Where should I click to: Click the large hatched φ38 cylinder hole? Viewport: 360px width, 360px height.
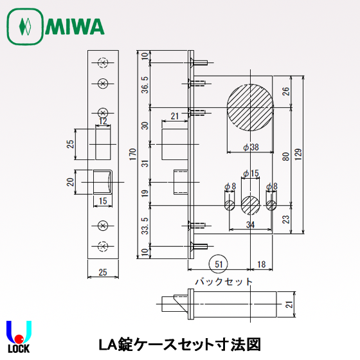(249, 107)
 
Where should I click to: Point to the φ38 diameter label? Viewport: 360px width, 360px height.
(250, 147)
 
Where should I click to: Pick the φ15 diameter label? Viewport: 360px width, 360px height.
(250, 174)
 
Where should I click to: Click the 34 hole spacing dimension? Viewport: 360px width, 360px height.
(249, 224)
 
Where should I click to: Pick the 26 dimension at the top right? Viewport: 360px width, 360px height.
(285, 91)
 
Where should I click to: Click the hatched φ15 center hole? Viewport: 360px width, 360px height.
(250, 205)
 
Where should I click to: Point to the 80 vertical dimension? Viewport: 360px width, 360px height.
(285, 154)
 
